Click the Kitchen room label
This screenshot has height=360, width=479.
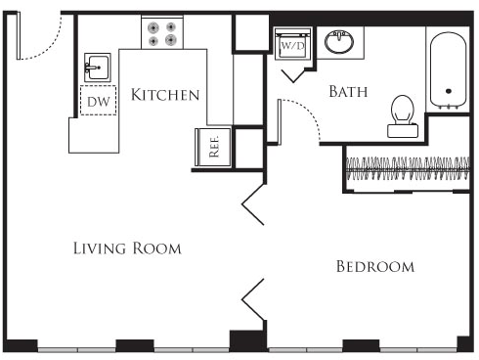(165, 95)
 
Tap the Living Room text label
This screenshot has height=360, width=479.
(127, 248)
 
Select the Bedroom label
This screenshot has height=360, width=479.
(374, 266)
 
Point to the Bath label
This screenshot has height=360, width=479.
(347, 93)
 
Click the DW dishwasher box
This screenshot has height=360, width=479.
(98, 101)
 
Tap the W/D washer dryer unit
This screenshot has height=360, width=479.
(292, 45)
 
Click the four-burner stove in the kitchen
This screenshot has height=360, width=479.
(162, 34)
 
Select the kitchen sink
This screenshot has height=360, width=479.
(96, 67)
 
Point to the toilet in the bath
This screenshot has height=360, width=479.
(403, 111)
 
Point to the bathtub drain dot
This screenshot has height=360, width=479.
(449, 91)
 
